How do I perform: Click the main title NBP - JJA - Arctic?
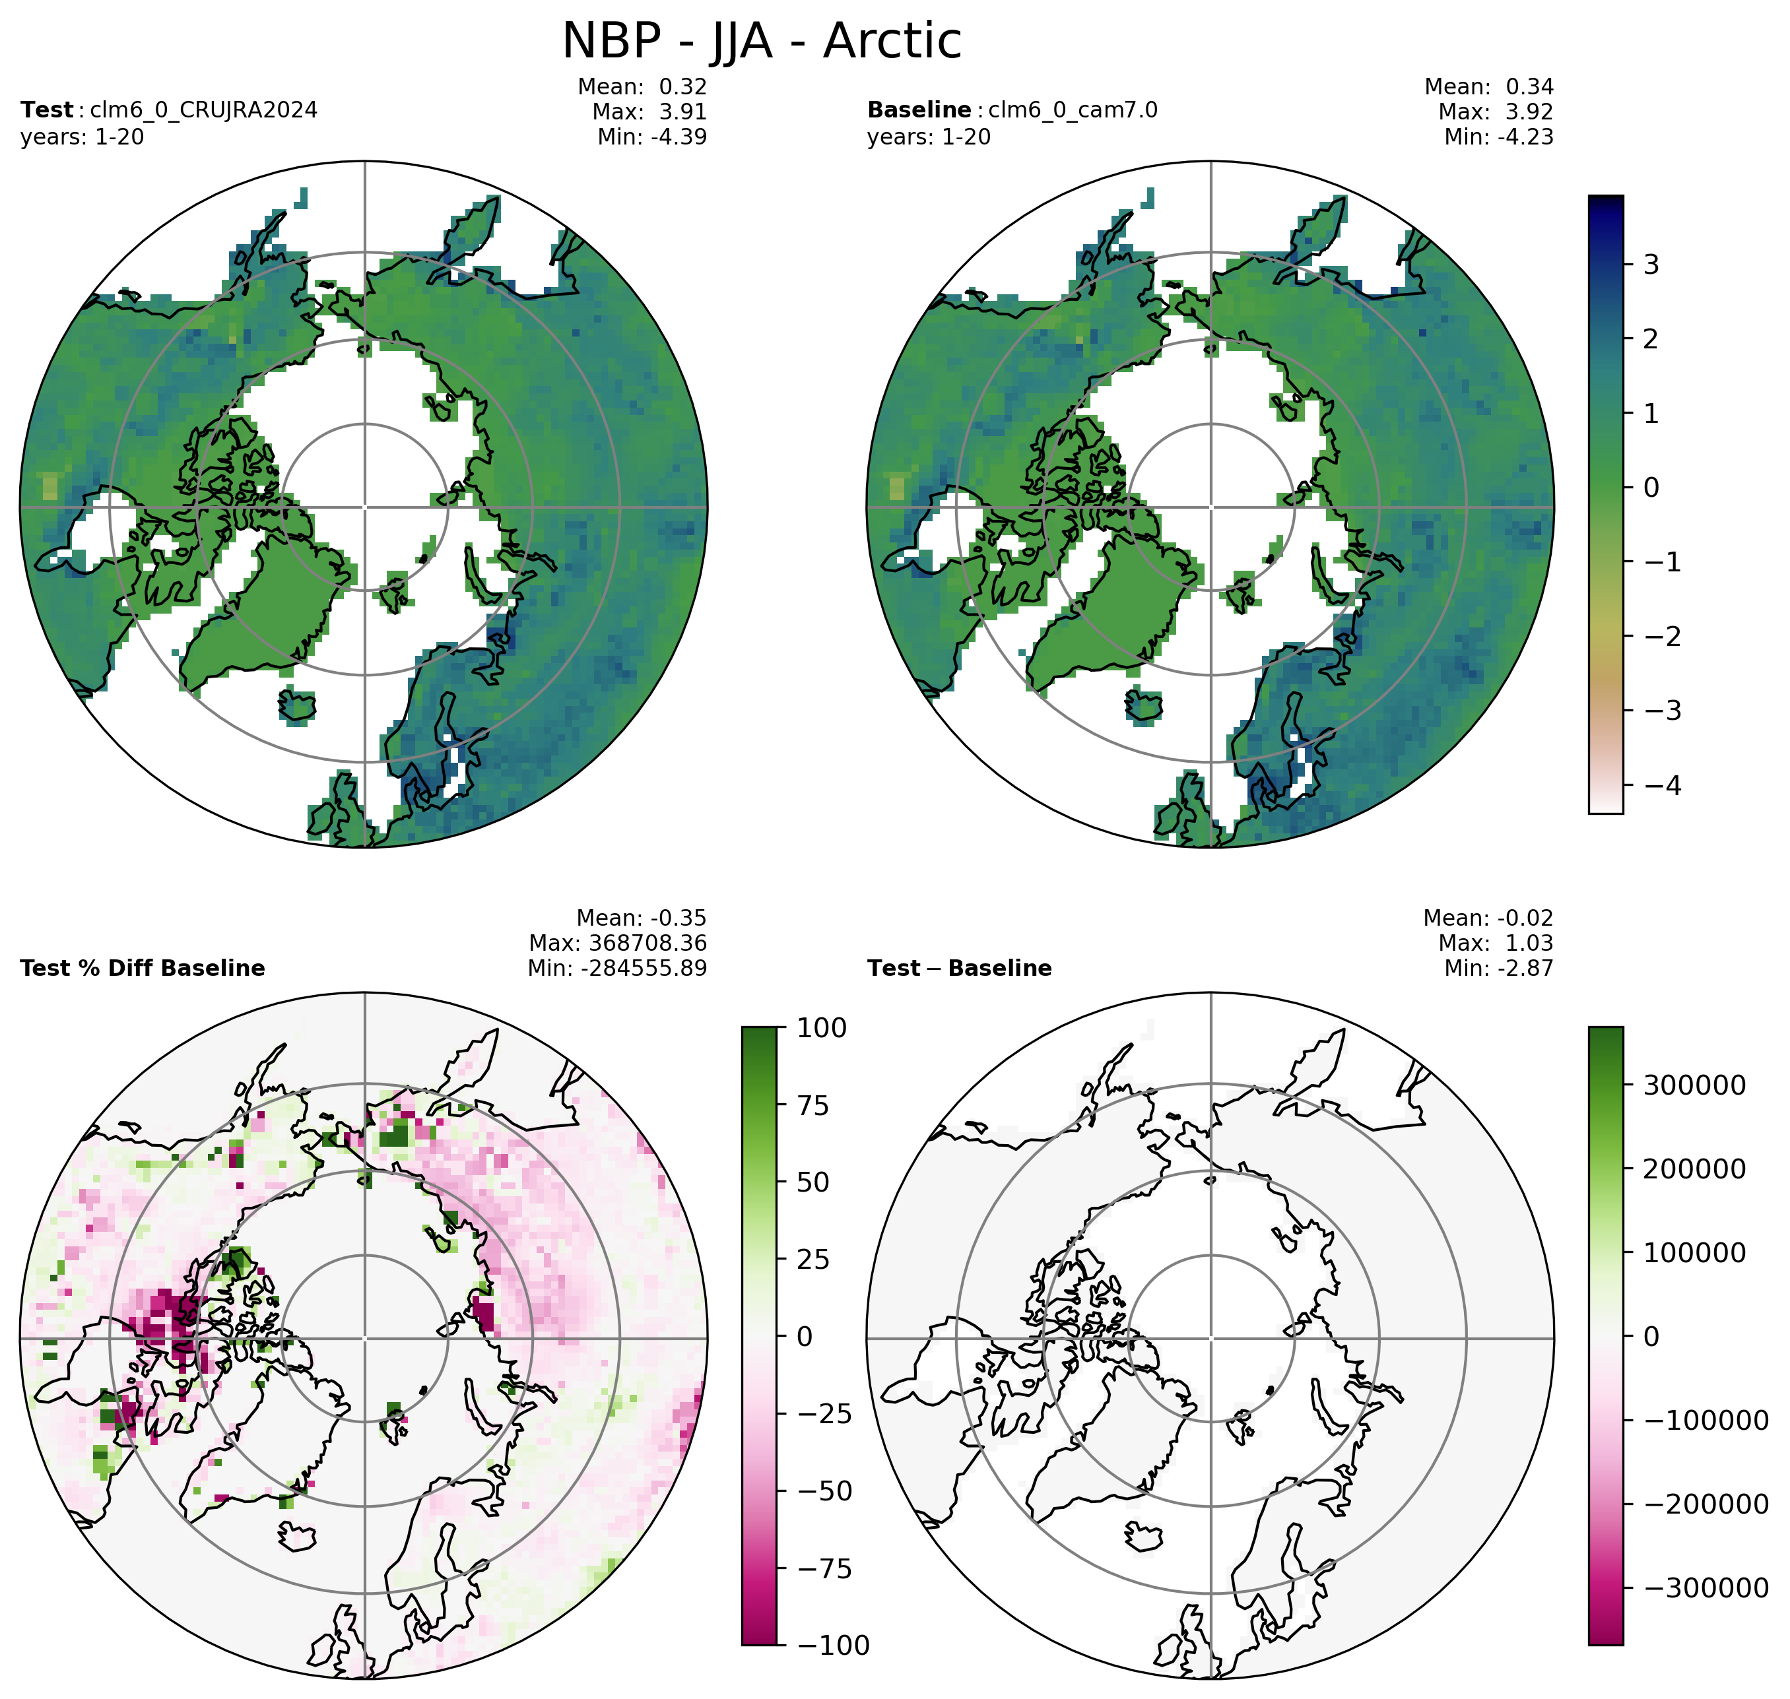click(x=762, y=42)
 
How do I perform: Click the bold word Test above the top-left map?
click(x=46, y=110)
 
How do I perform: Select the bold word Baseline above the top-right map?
click(x=919, y=110)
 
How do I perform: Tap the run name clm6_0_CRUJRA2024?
click(x=204, y=110)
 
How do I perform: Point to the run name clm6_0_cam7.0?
click(x=1073, y=110)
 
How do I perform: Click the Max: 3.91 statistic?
click(x=649, y=112)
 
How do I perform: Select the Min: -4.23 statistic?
click(x=1498, y=137)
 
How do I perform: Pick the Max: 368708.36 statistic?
click(x=618, y=943)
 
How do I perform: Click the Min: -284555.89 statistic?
click(x=617, y=968)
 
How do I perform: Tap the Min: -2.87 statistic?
click(x=1498, y=968)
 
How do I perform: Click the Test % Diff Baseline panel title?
click(x=142, y=968)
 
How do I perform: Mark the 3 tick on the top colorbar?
click(x=1647, y=265)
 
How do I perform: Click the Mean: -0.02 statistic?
click(x=1488, y=917)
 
